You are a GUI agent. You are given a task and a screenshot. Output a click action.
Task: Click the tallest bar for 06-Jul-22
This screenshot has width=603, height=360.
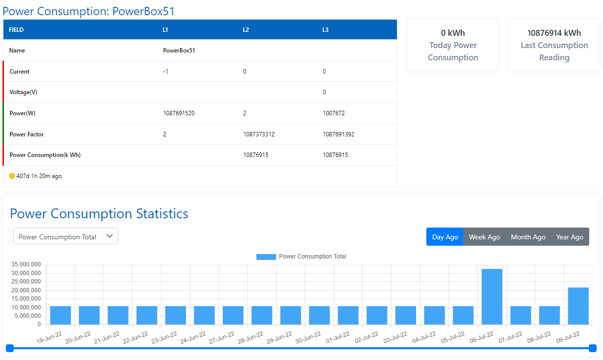point(492,297)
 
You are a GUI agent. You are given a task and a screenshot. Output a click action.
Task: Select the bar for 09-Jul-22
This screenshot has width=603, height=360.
point(578,306)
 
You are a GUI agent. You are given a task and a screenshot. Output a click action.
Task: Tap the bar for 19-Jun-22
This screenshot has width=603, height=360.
point(60,315)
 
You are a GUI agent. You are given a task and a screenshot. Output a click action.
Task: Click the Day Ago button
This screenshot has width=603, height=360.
point(445,237)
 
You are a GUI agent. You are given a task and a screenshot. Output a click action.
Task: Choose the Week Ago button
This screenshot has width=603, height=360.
point(484,237)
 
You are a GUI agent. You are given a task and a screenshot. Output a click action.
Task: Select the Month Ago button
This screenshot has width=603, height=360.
point(528,237)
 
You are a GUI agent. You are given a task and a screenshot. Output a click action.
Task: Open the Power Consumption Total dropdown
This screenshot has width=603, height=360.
point(66,236)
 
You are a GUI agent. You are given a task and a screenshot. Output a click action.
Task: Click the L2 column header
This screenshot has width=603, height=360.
point(246,30)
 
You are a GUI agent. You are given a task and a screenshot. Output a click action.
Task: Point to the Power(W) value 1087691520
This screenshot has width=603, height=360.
point(179,113)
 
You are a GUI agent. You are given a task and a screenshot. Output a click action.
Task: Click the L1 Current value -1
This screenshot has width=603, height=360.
point(166,72)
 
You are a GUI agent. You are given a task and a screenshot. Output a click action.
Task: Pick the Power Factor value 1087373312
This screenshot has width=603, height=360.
point(259,134)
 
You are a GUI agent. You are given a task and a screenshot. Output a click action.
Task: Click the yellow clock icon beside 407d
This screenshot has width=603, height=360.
point(12,176)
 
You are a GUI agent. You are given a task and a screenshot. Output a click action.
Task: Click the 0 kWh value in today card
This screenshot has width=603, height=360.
point(452,33)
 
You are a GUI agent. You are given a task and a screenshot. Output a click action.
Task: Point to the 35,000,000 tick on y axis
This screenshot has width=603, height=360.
point(26,265)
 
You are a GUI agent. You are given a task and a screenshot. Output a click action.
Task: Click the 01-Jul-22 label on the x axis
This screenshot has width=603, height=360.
point(338,337)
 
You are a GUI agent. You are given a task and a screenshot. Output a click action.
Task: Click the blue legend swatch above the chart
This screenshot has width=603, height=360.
point(266,257)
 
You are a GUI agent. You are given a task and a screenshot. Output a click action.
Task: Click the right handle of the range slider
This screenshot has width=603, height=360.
point(592,348)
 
